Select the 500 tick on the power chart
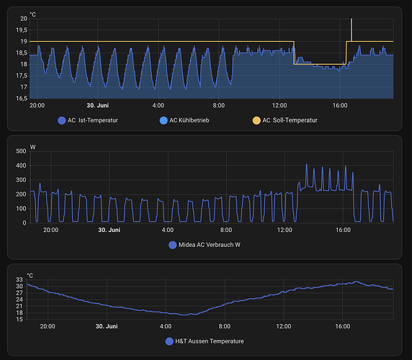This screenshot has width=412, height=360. pos(20,151)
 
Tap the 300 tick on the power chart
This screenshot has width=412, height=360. pos(20,180)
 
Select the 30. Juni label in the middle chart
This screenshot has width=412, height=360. pos(107,230)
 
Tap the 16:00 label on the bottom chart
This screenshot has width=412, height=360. pos(344,326)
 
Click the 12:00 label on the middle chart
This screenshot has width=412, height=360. pos(285,230)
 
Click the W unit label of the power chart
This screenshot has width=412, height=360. pos(32,147)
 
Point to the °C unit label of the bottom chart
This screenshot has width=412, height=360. pos(30,275)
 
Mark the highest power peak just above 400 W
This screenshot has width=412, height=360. pos(306,166)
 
